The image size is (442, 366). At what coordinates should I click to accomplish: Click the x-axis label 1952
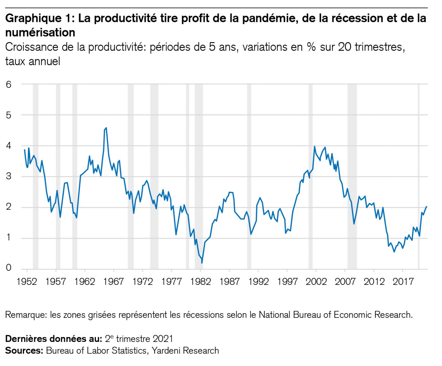27,281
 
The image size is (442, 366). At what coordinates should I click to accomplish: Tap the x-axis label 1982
201,281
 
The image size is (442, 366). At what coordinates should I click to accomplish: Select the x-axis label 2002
316,281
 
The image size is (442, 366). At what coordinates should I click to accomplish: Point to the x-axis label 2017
403,281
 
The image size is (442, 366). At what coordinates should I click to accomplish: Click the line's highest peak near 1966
106,128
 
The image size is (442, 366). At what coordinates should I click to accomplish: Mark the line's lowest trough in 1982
202,263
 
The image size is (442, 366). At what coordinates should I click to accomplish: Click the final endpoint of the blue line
426,206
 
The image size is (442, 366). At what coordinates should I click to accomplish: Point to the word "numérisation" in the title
40,32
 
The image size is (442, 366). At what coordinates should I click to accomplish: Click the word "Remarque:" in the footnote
26,314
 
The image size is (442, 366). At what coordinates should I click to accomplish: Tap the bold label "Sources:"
24,350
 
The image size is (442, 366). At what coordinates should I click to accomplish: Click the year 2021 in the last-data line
163,339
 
